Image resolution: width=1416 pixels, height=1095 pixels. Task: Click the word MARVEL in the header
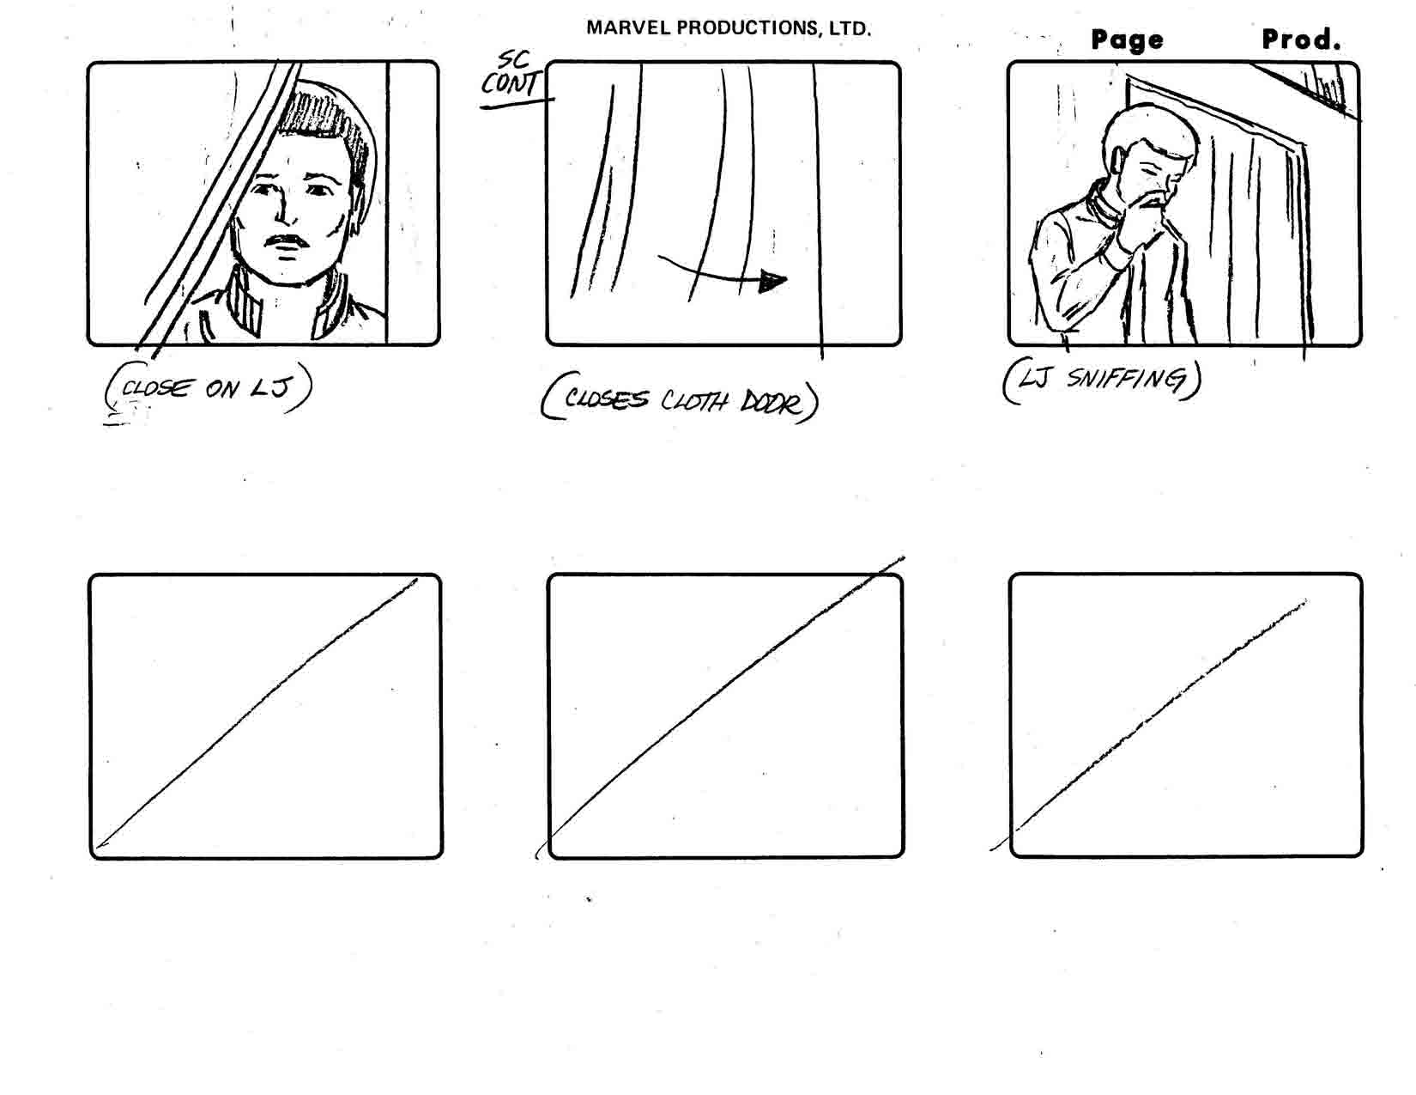626,28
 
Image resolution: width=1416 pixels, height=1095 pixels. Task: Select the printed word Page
1127,40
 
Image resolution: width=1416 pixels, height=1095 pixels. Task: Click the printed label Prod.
1301,40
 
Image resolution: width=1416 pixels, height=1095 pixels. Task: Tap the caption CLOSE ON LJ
207,388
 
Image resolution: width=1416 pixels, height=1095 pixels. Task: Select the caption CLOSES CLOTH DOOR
680,398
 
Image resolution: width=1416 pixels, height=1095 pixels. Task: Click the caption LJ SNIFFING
1102,380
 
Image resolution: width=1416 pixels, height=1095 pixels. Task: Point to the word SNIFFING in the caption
1125,379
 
